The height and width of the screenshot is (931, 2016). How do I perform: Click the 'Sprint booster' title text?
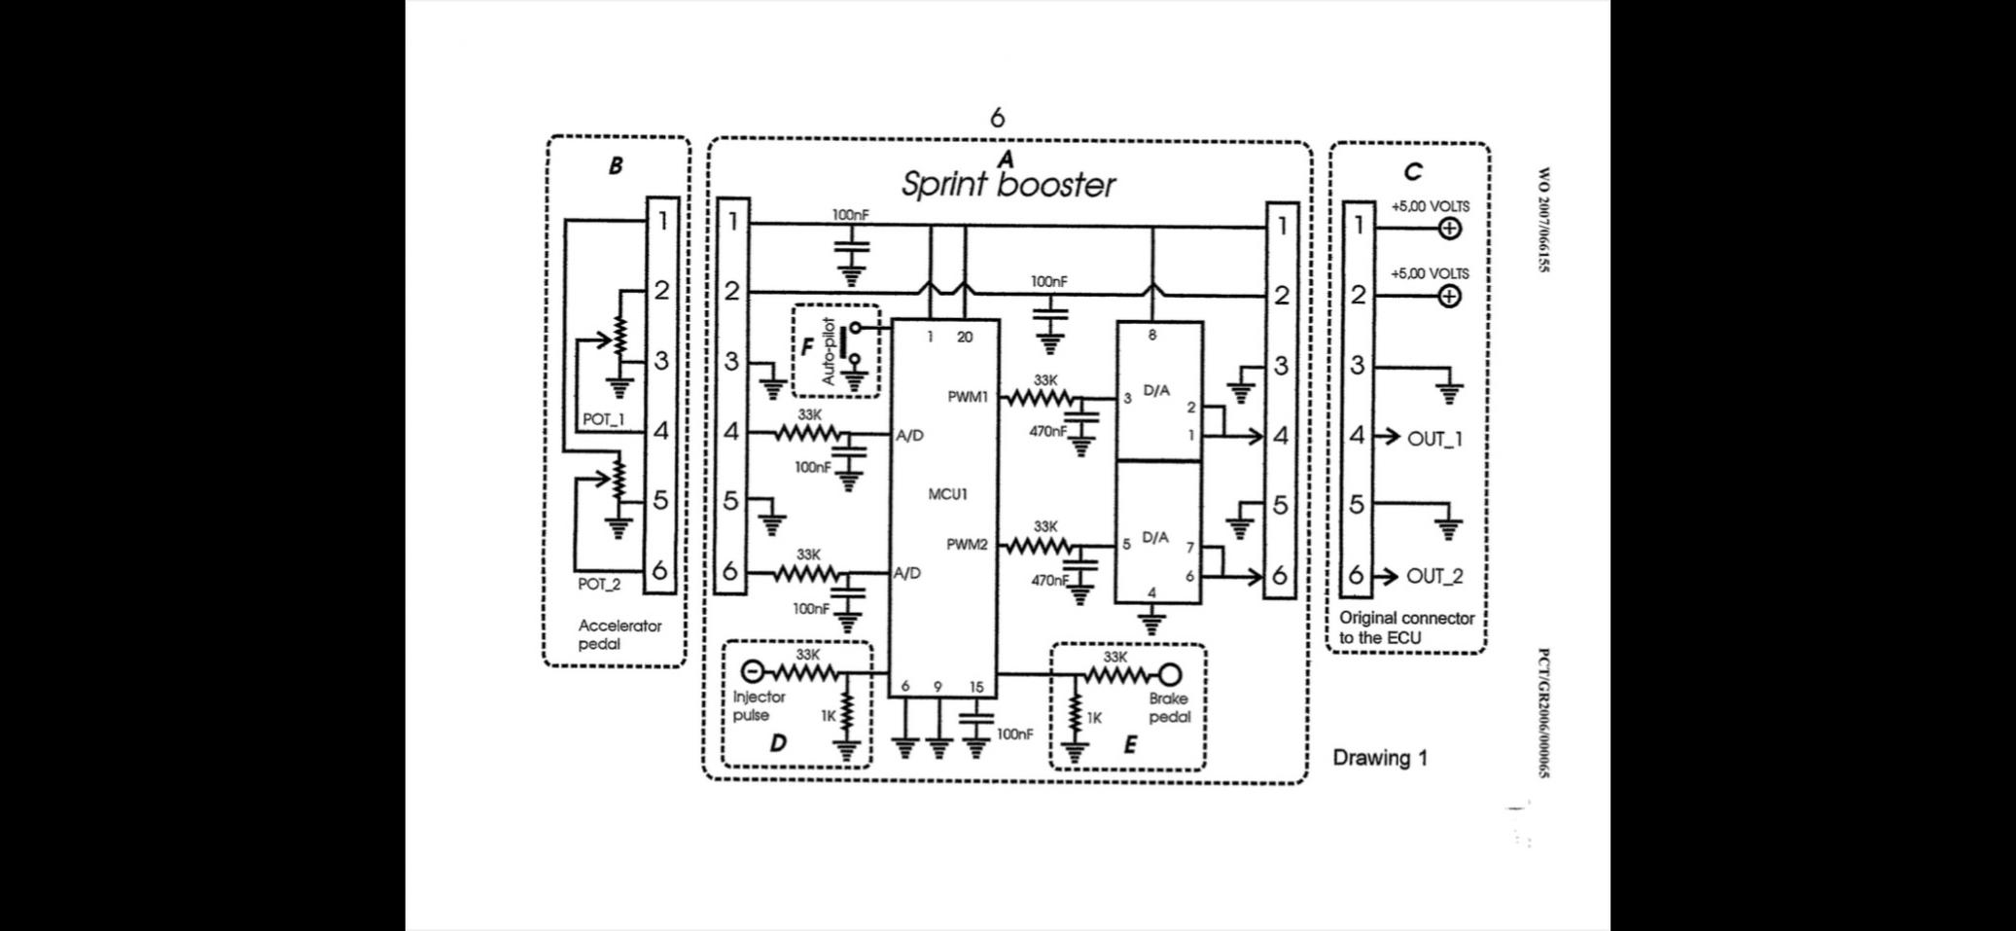pos(1008,184)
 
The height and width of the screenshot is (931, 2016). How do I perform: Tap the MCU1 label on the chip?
pos(947,494)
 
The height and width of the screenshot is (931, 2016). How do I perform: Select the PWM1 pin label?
pos(968,397)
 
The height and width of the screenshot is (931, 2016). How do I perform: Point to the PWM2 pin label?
pos(967,545)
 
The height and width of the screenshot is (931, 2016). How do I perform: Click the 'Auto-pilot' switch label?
pos(829,351)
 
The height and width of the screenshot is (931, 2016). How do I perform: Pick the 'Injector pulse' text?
pos(759,705)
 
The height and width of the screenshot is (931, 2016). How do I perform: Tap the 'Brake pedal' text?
pos(1169,707)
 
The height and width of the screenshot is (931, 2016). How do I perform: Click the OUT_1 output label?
pos(1434,439)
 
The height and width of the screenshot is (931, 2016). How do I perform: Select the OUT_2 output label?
pos(1434,576)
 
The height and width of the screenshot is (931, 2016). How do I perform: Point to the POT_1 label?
pos(603,419)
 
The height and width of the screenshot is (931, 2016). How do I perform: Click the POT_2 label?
pos(599,584)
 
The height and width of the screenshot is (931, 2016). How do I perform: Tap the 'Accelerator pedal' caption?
pos(619,634)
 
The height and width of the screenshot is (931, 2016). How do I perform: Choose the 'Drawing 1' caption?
pos(1380,758)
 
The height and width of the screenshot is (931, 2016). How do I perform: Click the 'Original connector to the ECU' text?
pos(1406,627)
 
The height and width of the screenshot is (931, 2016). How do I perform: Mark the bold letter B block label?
pos(616,166)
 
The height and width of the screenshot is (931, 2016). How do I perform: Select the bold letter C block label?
pos(1413,172)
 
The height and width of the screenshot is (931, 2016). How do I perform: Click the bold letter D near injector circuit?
pos(778,743)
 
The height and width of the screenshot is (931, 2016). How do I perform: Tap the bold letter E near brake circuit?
pos(1130,745)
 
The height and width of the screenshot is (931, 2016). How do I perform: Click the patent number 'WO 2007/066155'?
pos(1543,220)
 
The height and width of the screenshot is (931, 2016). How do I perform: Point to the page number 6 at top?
pos(997,118)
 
